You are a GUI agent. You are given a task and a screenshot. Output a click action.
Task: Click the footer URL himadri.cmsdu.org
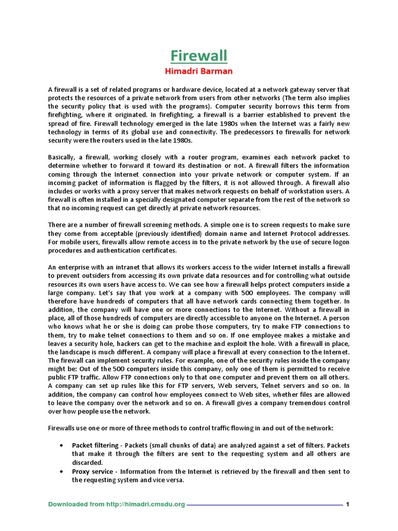153,504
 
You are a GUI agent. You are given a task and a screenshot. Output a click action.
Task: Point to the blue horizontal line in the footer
264,505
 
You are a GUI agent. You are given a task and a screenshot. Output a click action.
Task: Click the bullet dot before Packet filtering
62,445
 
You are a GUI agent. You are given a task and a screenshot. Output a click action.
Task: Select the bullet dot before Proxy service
62,471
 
